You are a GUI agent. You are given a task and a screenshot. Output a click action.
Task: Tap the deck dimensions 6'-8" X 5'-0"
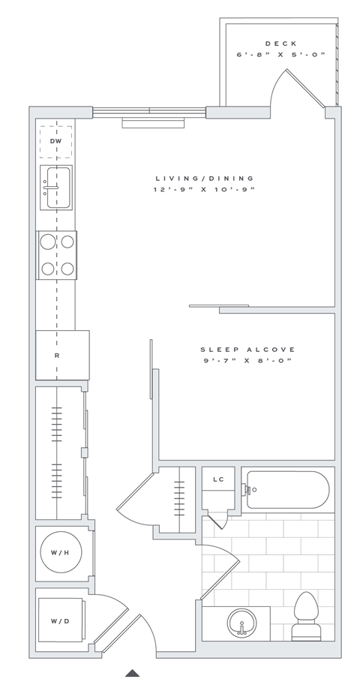click(281, 55)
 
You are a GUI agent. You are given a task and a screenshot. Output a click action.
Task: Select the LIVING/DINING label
click(205, 179)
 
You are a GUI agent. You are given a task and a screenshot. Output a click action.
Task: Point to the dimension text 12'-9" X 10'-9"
click(205, 190)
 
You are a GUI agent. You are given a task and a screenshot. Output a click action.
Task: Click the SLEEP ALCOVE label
click(247, 350)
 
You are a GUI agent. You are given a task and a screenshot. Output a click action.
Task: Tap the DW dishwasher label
click(55, 141)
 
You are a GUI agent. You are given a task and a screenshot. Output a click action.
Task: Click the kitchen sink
click(57, 187)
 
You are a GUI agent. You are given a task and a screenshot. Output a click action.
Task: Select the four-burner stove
click(57, 255)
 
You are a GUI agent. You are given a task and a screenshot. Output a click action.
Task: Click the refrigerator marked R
click(57, 355)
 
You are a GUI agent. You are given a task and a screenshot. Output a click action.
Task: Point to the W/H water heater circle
click(60, 554)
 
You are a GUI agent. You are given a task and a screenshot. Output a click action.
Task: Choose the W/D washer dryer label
click(60, 621)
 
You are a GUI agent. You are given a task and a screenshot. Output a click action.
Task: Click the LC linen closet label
click(218, 479)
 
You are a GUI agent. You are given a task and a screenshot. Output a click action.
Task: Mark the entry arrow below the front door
click(133, 673)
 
